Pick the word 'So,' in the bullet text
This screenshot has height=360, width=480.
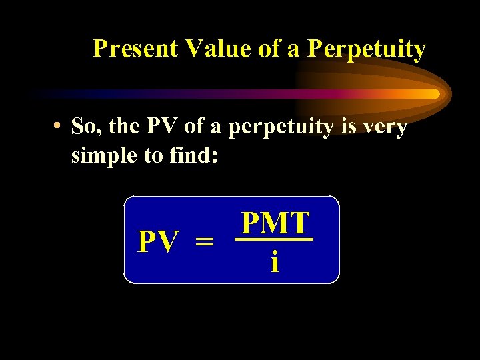pyautogui.click(x=88, y=126)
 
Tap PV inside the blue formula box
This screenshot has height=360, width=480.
pyautogui.click(x=158, y=242)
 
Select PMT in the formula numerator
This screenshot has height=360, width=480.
pyautogui.click(x=275, y=223)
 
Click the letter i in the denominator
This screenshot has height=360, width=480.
pyautogui.click(x=275, y=262)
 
